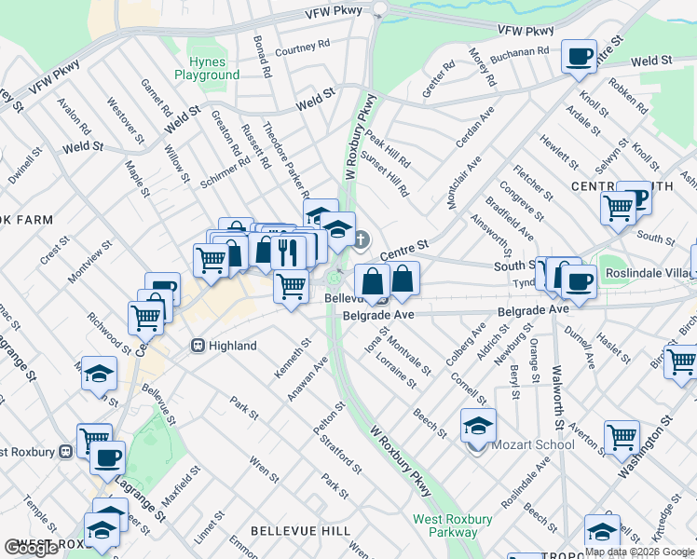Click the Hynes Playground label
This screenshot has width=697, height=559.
[x=207, y=68]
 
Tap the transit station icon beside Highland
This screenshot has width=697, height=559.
[x=198, y=346]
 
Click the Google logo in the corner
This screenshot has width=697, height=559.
[x=31, y=548]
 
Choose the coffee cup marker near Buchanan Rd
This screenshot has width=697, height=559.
[x=579, y=57]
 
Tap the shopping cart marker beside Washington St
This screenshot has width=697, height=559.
[x=622, y=436]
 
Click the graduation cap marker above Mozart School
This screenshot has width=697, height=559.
[x=478, y=426]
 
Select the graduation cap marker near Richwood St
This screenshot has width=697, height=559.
[x=99, y=375]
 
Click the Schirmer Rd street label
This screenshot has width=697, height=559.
[x=225, y=171]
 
